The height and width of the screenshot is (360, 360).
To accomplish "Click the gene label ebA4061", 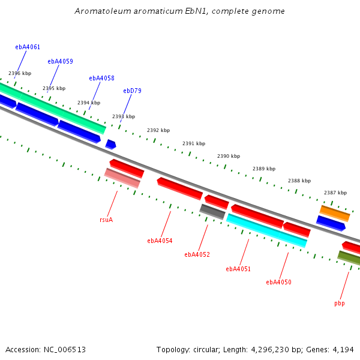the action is point(28,47).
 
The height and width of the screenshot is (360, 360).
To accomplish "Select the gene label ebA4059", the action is point(60,61).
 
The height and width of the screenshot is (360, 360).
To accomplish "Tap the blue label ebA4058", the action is point(101,78).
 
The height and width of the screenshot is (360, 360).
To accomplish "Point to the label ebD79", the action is point(132,91).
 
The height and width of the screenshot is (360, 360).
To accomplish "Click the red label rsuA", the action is point(106,220).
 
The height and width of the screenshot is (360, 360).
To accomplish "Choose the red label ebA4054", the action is point(160,241).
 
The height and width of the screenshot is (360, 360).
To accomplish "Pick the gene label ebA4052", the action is point(197,254).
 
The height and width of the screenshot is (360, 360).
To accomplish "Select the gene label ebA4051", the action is point(238,269).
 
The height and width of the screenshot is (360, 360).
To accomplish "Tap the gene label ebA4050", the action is point(278,282).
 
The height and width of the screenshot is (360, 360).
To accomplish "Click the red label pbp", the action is point(340,304).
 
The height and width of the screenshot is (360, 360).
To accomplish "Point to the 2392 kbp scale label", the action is point(158,130).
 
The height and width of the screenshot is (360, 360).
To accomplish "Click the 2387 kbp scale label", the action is point(335,193).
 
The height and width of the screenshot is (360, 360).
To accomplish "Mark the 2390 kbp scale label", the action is point(229,156).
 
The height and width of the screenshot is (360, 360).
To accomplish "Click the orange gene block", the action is point(335,214).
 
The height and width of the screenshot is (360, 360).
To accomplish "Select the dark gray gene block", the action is point(212,212).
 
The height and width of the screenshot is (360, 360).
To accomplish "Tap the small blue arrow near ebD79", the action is point(110,145).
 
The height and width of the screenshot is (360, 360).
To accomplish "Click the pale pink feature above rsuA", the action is point(122,178).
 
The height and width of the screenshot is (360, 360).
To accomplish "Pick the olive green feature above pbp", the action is point(349,258).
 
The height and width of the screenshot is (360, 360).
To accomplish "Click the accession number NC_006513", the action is point(65,350).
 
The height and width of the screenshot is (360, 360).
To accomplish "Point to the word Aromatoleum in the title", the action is point(103,11).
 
